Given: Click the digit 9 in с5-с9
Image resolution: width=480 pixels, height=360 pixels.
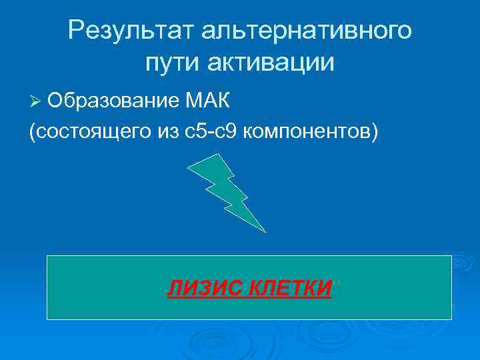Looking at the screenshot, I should (x=232, y=131).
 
